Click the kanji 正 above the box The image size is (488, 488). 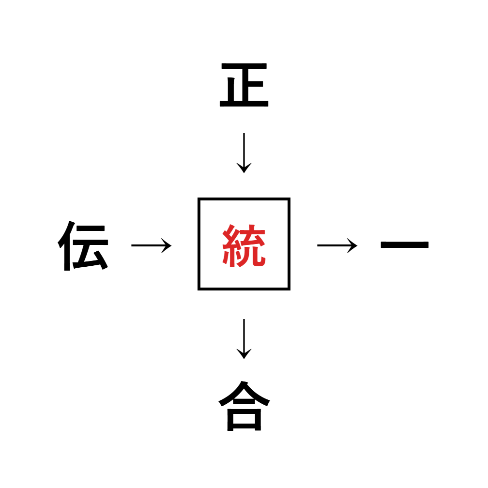click(x=244, y=86)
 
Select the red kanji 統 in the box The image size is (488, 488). click(x=244, y=245)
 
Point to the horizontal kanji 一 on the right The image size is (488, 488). click(x=405, y=245)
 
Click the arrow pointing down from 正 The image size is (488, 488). click(x=244, y=152)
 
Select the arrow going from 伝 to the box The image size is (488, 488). click(x=151, y=245)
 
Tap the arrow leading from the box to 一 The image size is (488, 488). click(x=337, y=245)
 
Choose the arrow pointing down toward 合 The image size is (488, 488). click(x=244, y=338)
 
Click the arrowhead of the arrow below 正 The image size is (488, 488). click(x=244, y=169)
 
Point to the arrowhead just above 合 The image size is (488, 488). click(x=244, y=355)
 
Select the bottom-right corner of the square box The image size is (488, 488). click(x=289, y=289)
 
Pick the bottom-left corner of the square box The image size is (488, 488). click(x=199, y=289)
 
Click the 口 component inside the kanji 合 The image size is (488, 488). click(x=244, y=419)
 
